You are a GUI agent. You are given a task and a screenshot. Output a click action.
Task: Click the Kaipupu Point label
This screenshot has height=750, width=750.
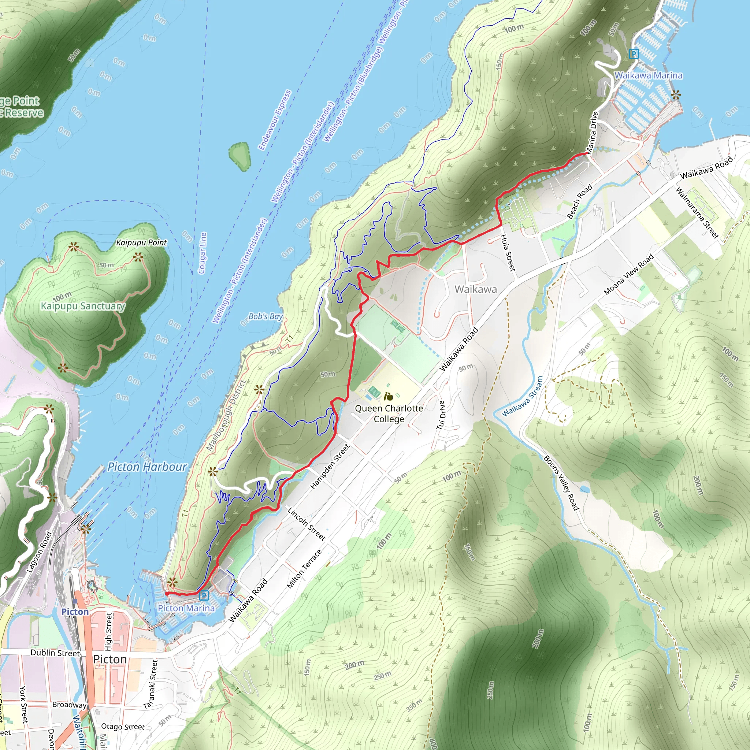click(x=141, y=243)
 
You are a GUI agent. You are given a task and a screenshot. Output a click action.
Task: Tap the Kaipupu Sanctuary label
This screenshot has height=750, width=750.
click(x=83, y=306)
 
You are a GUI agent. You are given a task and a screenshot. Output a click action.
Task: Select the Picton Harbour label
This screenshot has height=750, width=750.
click(x=147, y=467)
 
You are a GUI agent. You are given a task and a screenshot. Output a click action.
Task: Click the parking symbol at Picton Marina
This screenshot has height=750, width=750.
click(x=203, y=595)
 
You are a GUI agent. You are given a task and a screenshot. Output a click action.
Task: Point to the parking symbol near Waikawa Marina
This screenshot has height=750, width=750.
click(x=634, y=53)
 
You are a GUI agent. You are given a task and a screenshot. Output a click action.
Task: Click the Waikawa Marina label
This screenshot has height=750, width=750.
click(x=648, y=75)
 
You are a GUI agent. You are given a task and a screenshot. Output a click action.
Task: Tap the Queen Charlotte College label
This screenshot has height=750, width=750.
click(x=389, y=413)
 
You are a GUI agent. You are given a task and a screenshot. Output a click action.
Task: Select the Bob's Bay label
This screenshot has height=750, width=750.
click(x=266, y=316)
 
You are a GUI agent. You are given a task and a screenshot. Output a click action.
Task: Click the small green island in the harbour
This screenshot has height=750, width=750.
click(x=240, y=156)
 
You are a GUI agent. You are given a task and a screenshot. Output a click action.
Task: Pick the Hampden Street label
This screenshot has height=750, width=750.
click(x=330, y=466)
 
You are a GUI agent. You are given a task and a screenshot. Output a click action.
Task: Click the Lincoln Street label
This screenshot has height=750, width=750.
click(x=306, y=524)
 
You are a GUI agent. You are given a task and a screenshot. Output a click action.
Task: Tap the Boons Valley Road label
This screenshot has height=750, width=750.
click(x=561, y=483)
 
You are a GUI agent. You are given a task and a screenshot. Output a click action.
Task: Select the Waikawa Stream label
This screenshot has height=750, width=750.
click(x=522, y=396)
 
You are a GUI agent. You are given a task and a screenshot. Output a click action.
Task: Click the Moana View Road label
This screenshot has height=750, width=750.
click(x=628, y=274)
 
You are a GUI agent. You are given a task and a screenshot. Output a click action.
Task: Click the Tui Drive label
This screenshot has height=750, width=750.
click(x=441, y=415)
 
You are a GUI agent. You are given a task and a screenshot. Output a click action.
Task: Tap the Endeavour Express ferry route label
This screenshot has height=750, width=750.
click(x=275, y=120)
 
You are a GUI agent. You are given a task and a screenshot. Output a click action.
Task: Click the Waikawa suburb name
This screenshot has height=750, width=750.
click(x=476, y=289)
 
